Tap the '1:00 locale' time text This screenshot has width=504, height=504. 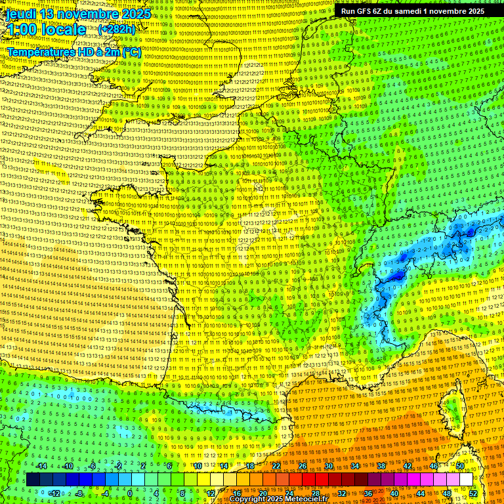coord(46,30)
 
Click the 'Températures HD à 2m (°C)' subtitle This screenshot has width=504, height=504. coord(73,52)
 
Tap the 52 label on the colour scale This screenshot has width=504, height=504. coord(473,493)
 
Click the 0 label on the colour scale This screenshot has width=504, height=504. coord(131,493)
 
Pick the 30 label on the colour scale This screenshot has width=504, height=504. coord(328,465)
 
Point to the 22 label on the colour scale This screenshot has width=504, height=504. coord(276,465)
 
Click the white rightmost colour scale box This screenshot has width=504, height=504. coord(466,480)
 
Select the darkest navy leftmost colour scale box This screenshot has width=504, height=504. coord(32,480)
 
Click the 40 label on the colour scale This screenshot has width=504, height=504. coord(394,493)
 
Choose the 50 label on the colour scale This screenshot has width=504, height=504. coord(460,465)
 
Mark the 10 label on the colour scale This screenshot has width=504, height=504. coord(197,465)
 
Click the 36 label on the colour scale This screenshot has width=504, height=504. coord(367,493)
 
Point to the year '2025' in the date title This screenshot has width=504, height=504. coord(136,13)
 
